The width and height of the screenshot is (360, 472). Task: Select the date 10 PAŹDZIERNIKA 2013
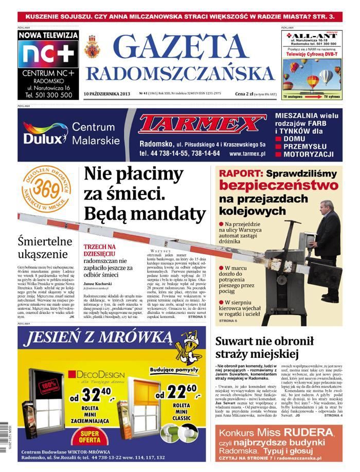(106, 94)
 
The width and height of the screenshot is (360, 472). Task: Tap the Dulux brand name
(45, 138)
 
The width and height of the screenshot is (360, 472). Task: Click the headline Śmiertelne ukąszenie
(42, 247)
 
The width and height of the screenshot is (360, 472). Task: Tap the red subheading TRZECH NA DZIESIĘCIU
(101, 251)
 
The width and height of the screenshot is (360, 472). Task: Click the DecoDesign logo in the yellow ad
(96, 375)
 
